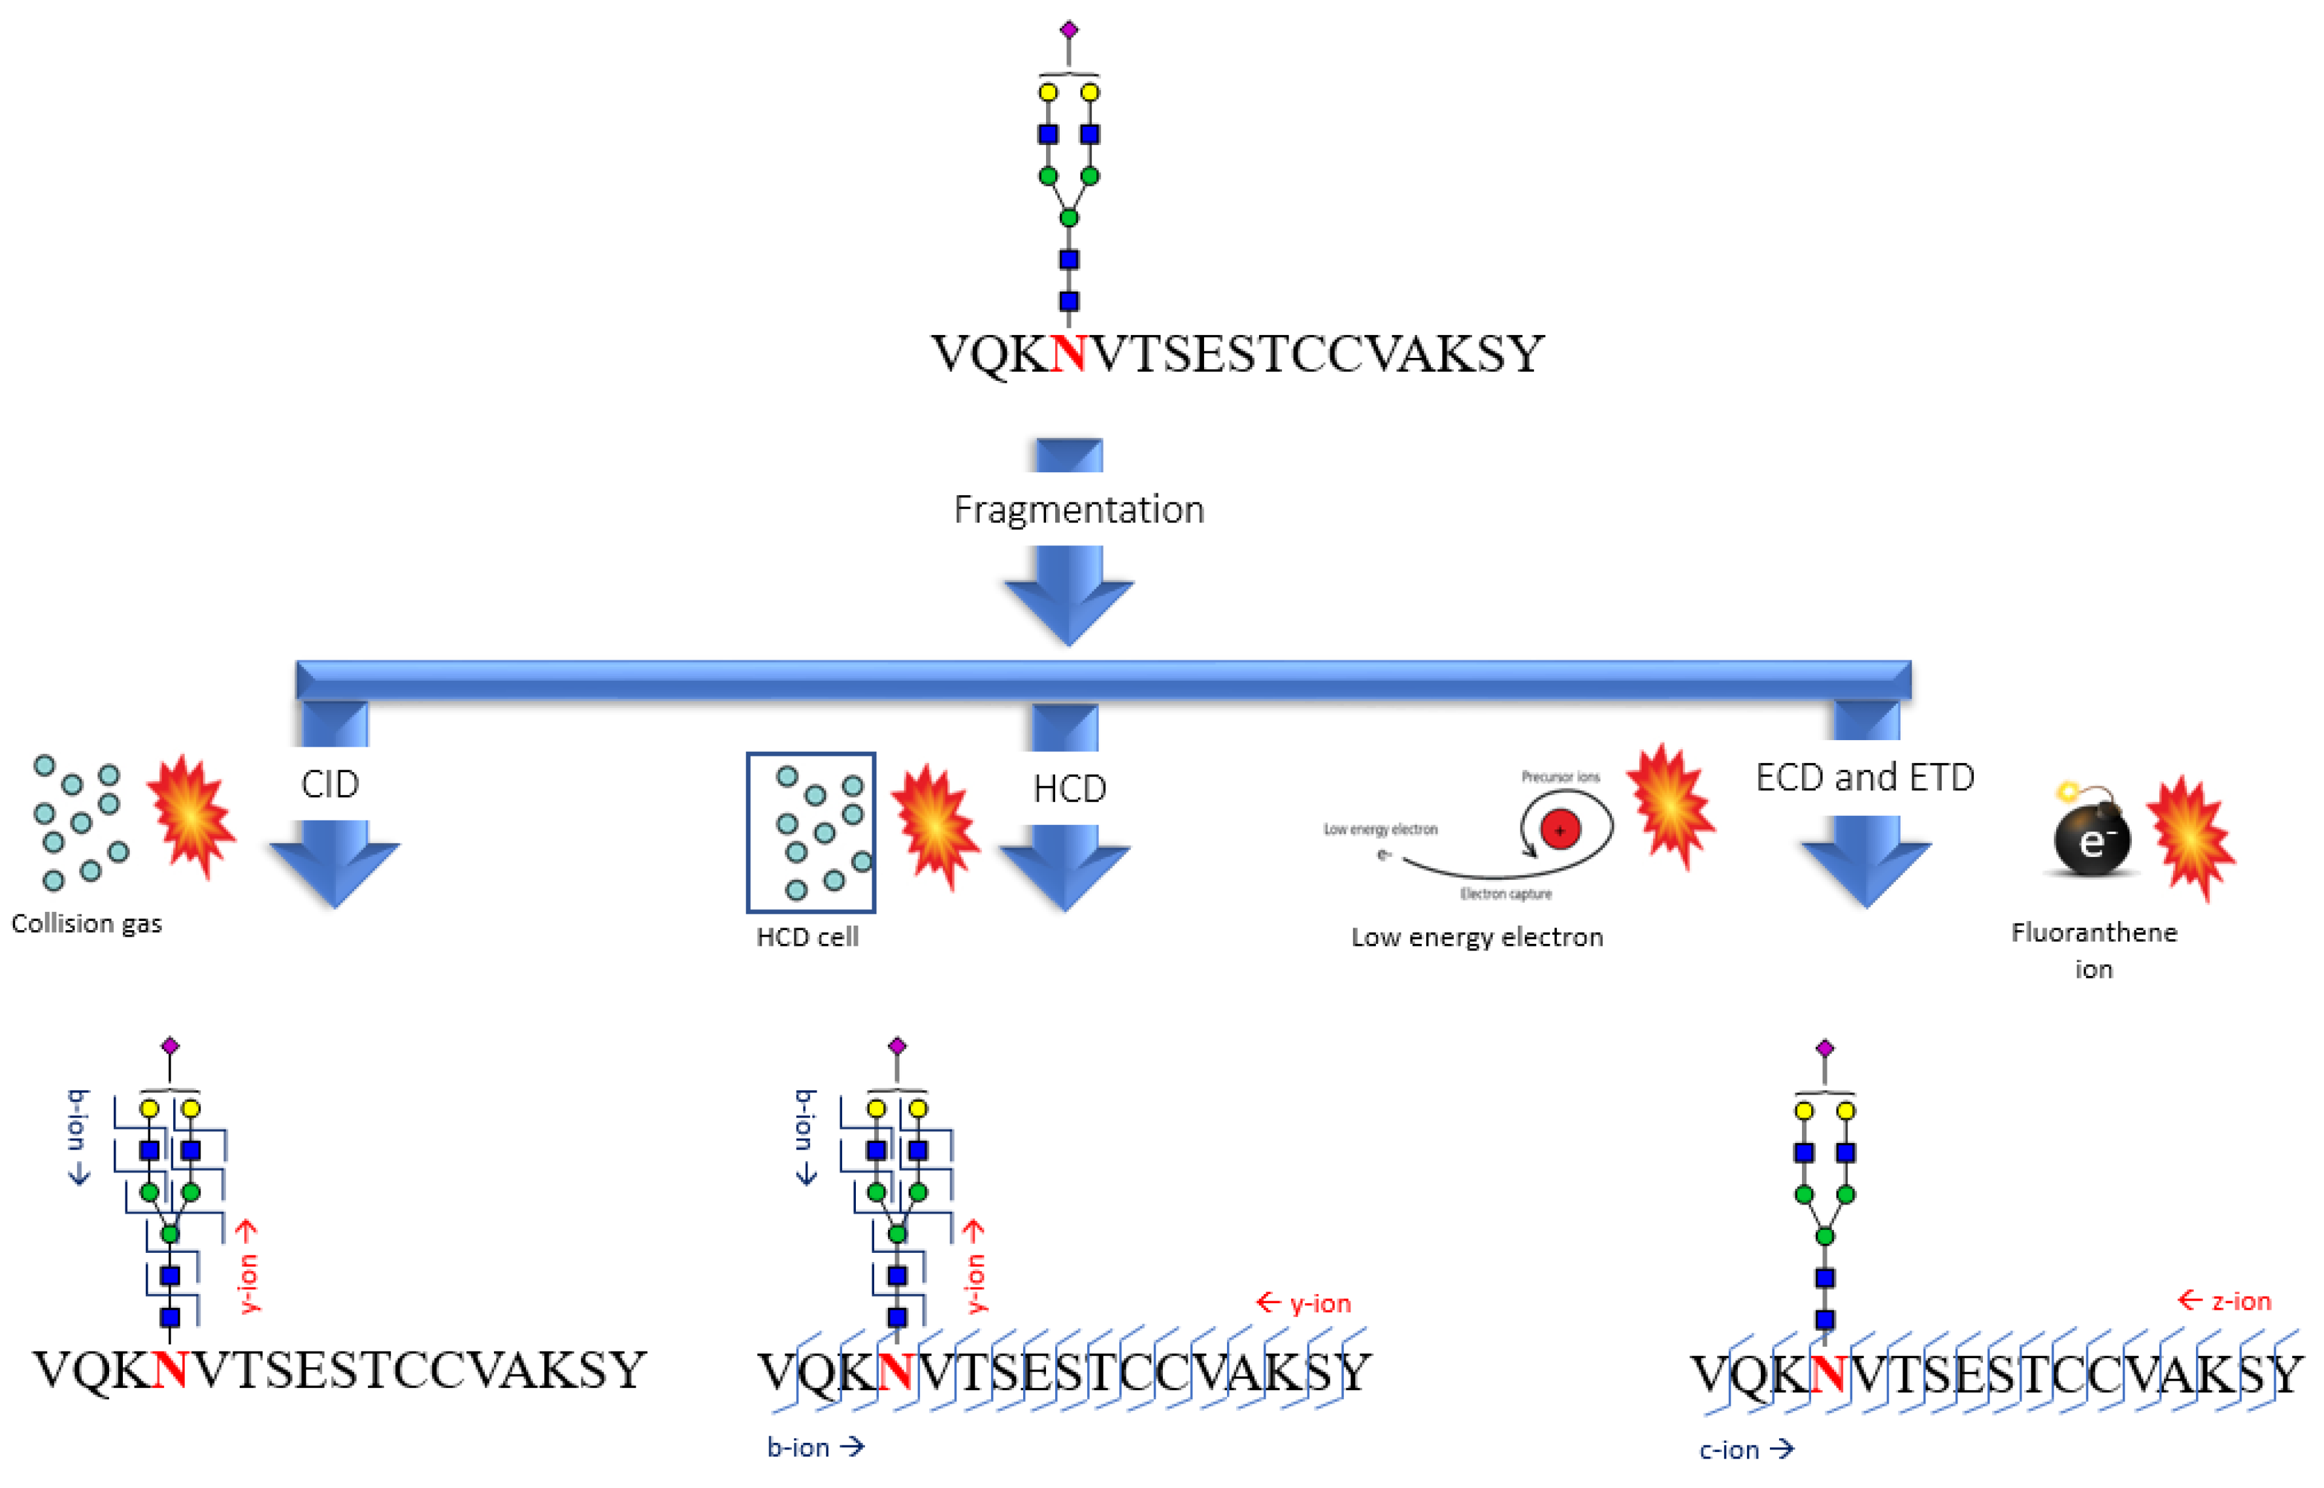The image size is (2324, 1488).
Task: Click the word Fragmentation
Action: click(1079, 509)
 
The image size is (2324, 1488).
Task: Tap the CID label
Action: click(329, 784)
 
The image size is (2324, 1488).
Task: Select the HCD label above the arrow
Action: click(1069, 788)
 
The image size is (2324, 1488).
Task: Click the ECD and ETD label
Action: click(1864, 777)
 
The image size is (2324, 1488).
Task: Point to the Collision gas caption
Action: click(87, 924)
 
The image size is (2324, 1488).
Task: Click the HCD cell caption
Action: click(807, 937)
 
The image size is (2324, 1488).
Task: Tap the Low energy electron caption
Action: click(1477, 937)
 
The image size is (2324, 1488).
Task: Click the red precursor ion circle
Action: click(1560, 829)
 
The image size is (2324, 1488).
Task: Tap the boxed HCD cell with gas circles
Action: click(811, 832)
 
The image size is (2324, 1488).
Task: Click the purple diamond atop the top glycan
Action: click(1069, 30)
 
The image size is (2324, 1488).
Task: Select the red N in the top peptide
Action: click(1068, 353)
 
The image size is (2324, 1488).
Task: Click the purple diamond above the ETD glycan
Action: click(1824, 1048)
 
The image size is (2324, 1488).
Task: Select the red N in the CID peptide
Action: click(170, 1370)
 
